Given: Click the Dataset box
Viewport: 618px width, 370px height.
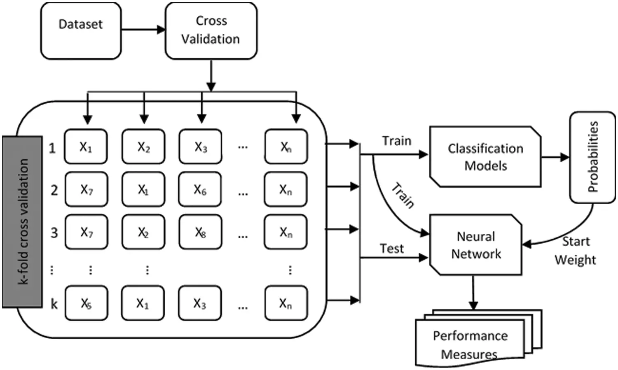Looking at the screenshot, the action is click(81, 31).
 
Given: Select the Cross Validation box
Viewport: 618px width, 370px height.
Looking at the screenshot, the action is click(211, 31).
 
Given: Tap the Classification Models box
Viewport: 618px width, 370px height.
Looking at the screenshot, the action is click(485, 157).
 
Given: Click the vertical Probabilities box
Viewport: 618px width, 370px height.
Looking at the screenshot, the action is click(592, 157).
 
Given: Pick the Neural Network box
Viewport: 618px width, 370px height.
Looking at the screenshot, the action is click(475, 244).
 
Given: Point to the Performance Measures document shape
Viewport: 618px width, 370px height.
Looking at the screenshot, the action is click(479, 338).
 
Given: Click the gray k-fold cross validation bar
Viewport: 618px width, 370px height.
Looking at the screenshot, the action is click(22, 221).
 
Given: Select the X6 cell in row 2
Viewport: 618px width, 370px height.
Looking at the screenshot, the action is click(200, 189).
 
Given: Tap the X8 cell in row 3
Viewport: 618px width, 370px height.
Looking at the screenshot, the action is click(200, 232).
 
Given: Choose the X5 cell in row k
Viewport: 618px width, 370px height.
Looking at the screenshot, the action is click(87, 303).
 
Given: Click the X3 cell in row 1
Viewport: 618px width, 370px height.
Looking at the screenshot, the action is click(200, 147).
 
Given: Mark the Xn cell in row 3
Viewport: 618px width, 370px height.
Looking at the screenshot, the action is click(286, 232).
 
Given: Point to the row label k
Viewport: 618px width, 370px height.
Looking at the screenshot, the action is click(54, 304).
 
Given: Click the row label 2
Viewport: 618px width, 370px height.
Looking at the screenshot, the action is click(54, 191).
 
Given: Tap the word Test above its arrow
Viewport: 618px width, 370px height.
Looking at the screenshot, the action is click(392, 249).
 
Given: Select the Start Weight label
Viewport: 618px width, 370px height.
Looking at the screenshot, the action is click(576, 251).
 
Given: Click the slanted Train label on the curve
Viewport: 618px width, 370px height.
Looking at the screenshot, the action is click(403, 195).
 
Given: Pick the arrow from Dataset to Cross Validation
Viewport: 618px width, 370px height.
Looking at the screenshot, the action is click(143, 30).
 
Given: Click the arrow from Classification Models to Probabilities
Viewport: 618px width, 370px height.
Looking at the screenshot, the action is click(555, 157).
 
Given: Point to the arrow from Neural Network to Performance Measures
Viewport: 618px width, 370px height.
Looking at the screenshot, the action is click(473, 293).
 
